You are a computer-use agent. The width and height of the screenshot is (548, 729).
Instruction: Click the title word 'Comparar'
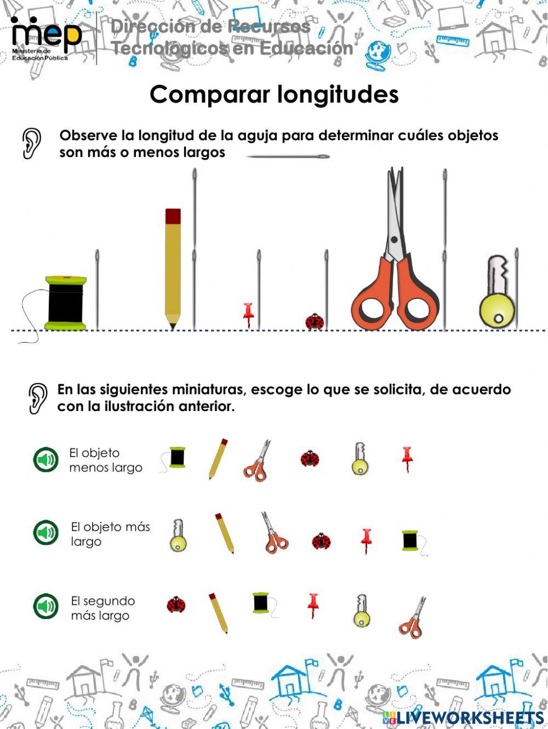[211, 95]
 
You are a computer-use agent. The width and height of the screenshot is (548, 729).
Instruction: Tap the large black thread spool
[66, 303]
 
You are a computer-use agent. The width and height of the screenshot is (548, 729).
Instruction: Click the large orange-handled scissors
[395, 263]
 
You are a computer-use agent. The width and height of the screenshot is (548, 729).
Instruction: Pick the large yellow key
[498, 293]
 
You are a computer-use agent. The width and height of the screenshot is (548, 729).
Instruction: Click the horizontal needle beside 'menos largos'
[288, 157]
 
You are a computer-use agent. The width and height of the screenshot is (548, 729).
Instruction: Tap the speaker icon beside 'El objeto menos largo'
[46, 460]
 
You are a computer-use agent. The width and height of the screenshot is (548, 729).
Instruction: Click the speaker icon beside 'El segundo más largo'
[46, 607]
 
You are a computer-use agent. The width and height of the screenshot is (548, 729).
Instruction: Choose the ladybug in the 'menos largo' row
[310, 458]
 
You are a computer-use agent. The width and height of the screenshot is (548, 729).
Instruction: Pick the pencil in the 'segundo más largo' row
[218, 612]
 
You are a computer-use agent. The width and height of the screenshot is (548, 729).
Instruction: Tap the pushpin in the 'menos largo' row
[407, 459]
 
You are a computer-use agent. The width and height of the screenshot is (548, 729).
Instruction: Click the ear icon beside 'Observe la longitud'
[32, 143]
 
